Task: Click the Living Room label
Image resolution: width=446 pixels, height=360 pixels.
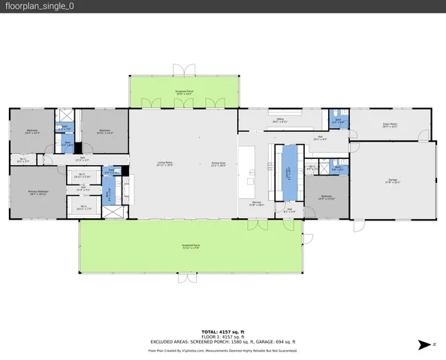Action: coord(160,163)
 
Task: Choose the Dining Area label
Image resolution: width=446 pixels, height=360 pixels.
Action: coord(218,163)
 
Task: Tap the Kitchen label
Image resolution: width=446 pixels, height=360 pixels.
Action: coord(256,202)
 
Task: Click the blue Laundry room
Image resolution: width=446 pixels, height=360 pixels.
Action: coord(287,172)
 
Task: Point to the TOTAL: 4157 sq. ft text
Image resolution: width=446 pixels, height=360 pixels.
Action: coord(222,330)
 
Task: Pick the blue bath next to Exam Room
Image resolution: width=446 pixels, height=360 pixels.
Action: coord(338,120)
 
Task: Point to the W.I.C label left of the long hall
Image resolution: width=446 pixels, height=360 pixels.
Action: coord(23,159)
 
